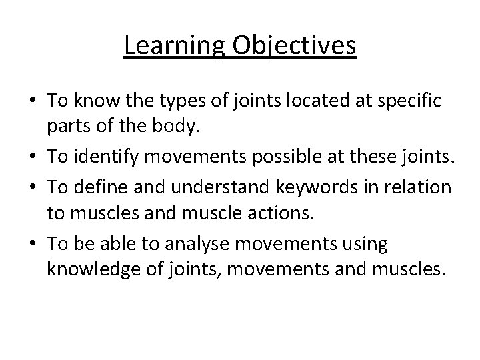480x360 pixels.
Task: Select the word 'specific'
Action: click(x=408, y=101)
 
